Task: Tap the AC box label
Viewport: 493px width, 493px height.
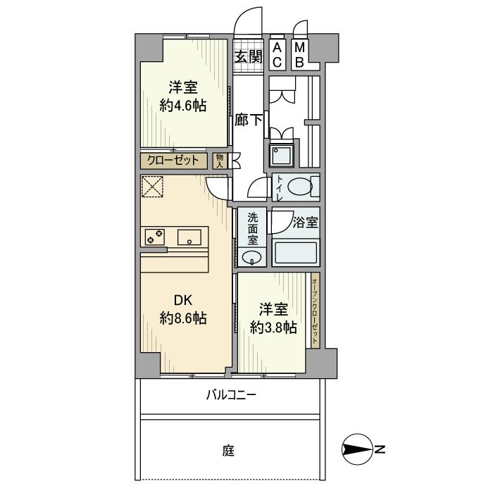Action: pos(277,55)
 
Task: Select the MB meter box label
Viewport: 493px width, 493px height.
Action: pos(299,55)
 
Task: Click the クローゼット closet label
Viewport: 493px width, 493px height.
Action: pos(174,161)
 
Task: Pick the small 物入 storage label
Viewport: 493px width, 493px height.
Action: pos(220,161)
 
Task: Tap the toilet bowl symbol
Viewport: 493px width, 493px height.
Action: pos(300,187)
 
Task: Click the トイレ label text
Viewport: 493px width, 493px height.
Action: pos(280,188)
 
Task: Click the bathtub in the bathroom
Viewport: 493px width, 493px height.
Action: pos(296,252)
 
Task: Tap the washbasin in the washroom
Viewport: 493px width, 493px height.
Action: pos(251,258)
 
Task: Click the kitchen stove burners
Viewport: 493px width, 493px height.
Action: pos(155,237)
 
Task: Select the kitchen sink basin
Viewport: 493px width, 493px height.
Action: pos(189,237)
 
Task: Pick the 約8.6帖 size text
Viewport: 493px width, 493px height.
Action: pos(182,318)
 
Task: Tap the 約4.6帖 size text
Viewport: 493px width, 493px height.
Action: pos(182,106)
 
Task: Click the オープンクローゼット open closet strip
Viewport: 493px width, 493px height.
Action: pos(314,311)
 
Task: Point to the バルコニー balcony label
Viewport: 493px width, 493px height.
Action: pos(230,396)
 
